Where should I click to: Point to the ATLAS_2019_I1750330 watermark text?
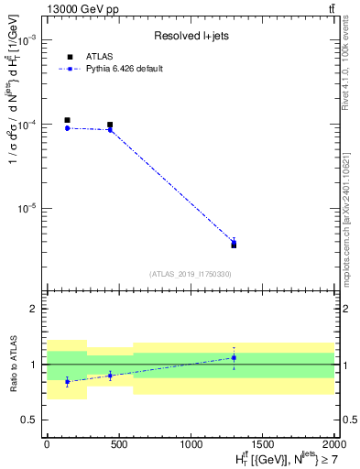click(190, 274)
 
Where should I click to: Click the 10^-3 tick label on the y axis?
click(27, 41)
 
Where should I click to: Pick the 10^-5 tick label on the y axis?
click(27, 208)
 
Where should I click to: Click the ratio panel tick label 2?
click(34, 309)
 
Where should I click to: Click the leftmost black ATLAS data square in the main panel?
click(67, 120)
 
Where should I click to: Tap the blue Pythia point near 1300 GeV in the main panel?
click(234, 243)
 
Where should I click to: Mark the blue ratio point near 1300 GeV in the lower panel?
click(234, 357)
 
